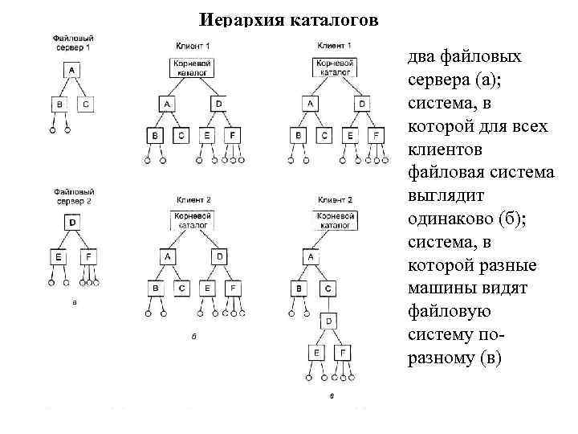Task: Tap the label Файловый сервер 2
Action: click(x=73, y=197)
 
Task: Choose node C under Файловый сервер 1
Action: click(x=87, y=104)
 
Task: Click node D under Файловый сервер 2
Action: click(x=73, y=223)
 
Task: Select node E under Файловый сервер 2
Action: click(x=59, y=257)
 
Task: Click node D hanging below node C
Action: click(x=329, y=321)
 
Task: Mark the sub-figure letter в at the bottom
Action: click(x=332, y=395)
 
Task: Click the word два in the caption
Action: click(x=424, y=58)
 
